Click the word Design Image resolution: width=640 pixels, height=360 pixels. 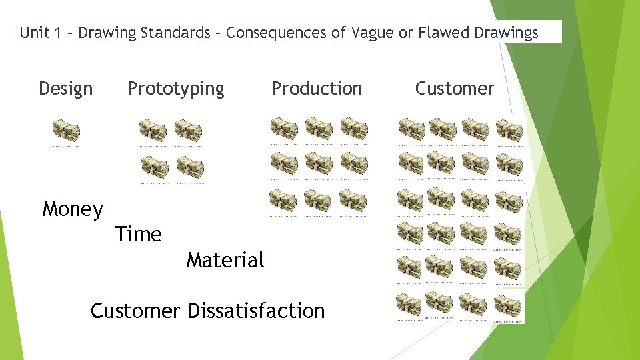click(65, 89)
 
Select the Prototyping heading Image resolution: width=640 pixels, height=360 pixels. click(176, 89)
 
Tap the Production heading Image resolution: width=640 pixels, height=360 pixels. click(316, 89)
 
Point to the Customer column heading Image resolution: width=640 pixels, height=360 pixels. click(455, 89)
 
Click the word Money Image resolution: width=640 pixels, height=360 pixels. click(73, 209)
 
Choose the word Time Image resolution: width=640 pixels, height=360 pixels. click(138, 235)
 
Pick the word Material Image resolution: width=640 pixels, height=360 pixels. click(225, 260)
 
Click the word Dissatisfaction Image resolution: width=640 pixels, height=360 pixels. click(256, 311)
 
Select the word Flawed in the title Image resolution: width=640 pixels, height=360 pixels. click(439, 33)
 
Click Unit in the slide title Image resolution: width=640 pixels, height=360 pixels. click(33, 33)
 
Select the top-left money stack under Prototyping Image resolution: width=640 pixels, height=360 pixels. click(153, 130)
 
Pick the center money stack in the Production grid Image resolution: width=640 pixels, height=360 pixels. click(319, 163)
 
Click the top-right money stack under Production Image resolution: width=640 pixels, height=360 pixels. click(354, 127)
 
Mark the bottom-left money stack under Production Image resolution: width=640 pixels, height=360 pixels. click(283, 200)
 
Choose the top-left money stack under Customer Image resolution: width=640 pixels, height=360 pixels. click(411, 129)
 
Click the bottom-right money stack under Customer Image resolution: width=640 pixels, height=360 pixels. click(509, 306)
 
